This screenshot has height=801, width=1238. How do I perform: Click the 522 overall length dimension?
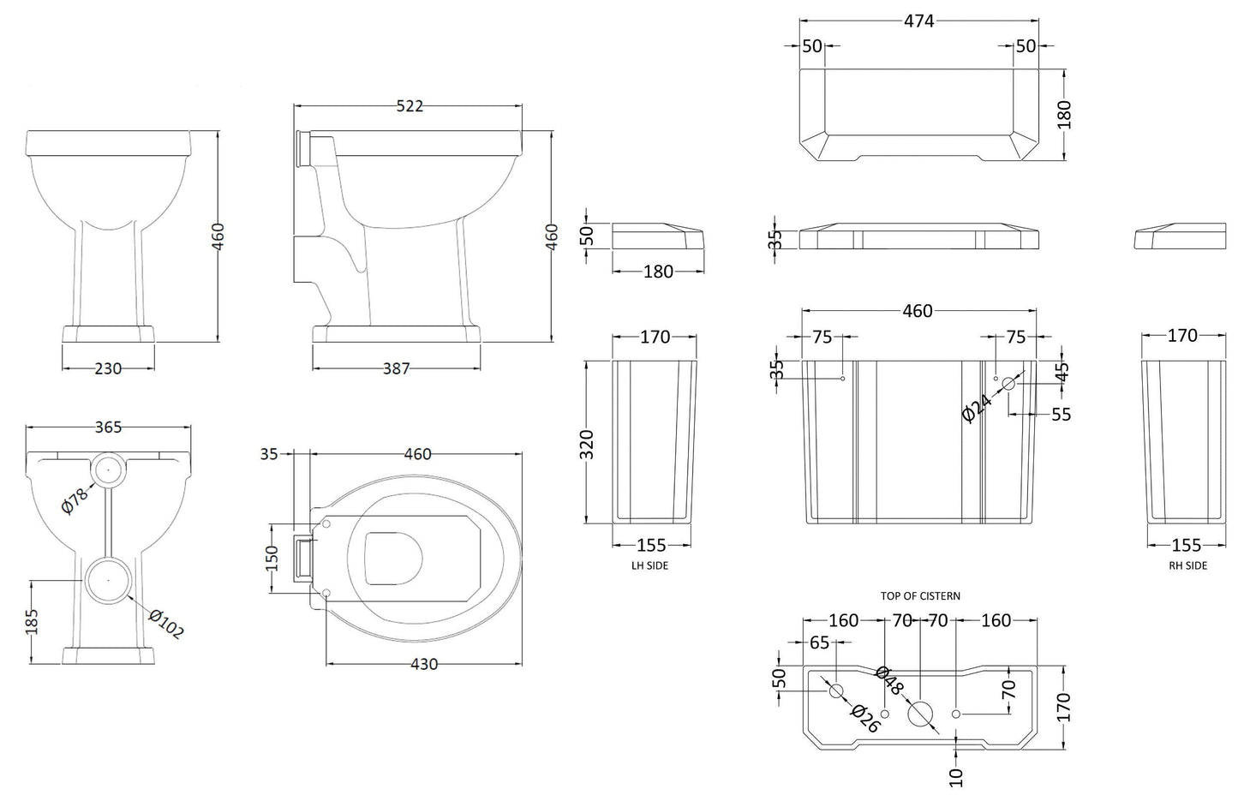410,106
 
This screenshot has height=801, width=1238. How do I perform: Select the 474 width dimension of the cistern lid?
918,22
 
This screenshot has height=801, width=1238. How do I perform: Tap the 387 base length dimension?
396,368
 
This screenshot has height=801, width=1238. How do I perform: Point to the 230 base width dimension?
108,368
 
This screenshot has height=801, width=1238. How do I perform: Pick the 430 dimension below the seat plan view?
424,664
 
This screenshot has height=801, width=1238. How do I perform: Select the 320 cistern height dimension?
587,443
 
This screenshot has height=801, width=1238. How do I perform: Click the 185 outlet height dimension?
33,622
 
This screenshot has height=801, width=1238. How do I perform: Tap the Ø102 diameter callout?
165,623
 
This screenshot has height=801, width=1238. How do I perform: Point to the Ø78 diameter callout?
76,497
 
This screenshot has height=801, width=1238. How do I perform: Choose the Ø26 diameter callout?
865,718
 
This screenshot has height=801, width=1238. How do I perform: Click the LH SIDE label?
649,565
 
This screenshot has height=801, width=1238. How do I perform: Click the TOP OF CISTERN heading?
920,595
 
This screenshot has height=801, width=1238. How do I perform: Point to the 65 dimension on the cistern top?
819,643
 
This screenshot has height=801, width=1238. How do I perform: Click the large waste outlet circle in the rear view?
107,579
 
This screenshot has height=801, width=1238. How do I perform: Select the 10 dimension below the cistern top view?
957,776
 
